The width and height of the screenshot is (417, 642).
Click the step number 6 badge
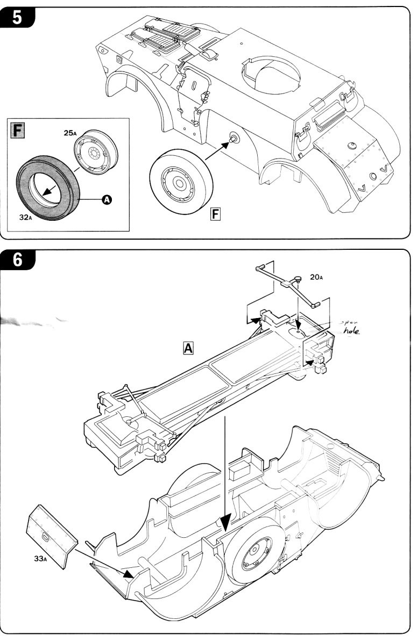point(17,260)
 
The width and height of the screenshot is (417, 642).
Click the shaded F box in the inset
point(19,130)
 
